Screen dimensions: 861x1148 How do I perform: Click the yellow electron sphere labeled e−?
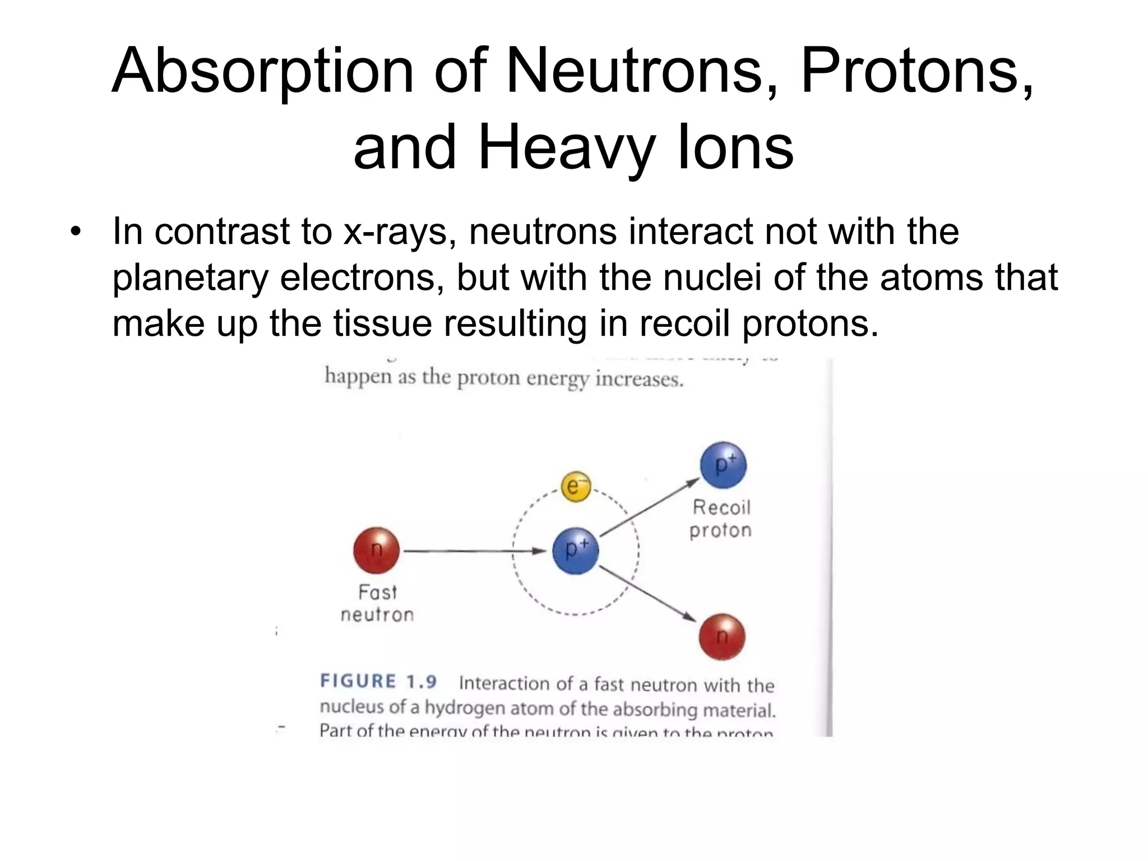576,487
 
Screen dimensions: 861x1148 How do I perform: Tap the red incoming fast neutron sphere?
376,550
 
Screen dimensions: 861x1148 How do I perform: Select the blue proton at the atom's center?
576,550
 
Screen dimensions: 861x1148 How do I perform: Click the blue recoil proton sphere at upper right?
723,465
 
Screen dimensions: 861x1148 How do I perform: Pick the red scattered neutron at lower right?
722,637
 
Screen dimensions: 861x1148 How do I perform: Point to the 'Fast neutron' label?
377,603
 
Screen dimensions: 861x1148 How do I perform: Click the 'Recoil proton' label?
720,519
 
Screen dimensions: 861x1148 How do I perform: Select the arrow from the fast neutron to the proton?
474,551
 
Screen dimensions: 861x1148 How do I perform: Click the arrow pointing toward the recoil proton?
650,506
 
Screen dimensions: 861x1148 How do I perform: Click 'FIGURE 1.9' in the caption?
378,682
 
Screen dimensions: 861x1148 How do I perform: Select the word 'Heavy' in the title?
566,148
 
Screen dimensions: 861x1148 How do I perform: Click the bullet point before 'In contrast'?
76,232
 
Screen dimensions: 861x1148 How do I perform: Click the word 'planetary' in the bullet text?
191,278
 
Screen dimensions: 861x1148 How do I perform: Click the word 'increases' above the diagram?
639,379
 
